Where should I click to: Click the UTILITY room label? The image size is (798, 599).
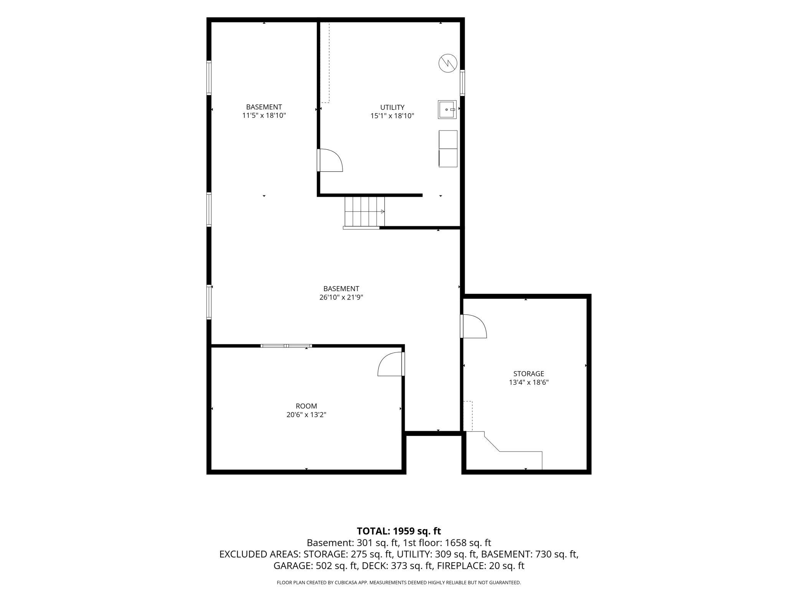[x=392, y=108]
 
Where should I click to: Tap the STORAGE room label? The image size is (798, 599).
[x=529, y=374]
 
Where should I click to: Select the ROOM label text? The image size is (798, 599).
[x=306, y=406]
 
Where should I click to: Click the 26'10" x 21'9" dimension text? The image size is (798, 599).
[x=341, y=297]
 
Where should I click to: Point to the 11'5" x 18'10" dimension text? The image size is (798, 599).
[x=264, y=116]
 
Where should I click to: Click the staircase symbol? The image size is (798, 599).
[x=364, y=212]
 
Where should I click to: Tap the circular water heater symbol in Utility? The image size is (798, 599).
[x=448, y=63]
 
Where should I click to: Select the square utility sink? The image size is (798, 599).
[x=447, y=109]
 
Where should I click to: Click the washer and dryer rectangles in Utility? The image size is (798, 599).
[x=448, y=149]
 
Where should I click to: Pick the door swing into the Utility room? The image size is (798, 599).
[x=330, y=160]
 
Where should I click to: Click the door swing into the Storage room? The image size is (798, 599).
[x=473, y=326]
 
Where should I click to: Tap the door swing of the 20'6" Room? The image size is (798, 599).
[x=391, y=364]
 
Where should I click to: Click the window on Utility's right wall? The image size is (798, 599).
[x=462, y=83]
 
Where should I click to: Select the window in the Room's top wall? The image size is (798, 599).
[x=286, y=346]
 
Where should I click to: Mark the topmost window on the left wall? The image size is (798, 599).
[x=209, y=78]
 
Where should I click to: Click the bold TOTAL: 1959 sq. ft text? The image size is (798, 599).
[x=399, y=531]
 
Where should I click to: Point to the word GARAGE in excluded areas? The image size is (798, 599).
[x=293, y=566]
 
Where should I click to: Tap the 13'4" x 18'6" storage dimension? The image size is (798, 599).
[x=529, y=382]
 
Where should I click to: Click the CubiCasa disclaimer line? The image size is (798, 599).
[x=399, y=582]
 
